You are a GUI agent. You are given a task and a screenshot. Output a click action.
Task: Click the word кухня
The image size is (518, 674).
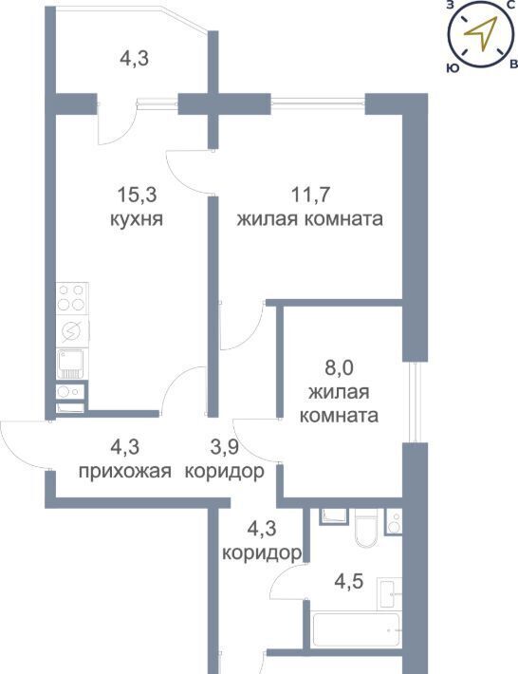click(x=137, y=219)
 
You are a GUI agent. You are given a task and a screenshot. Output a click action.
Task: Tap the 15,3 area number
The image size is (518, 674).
click(x=137, y=196)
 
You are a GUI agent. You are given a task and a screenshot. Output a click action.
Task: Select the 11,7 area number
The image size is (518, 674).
click(x=310, y=196)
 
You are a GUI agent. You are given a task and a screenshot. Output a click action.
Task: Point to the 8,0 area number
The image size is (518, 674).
click(x=339, y=368)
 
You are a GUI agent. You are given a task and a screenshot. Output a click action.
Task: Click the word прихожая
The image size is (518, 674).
click(x=125, y=473)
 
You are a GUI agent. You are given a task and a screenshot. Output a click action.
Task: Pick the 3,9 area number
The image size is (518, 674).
click(x=224, y=447)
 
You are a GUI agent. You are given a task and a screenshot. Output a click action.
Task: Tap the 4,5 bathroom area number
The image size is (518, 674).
click(x=349, y=582)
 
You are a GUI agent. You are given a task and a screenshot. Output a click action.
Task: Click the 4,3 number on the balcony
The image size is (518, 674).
click(x=135, y=59)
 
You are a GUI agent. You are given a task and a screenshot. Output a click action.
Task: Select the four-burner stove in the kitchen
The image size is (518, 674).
click(x=72, y=298)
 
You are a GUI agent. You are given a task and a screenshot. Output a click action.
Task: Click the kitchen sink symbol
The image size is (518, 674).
click(x=70, y=364)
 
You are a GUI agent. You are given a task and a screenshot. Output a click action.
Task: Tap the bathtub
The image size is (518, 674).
click(x=358, y=629)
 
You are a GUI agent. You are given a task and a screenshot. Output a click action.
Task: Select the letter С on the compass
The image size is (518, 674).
click(x=510, y=5)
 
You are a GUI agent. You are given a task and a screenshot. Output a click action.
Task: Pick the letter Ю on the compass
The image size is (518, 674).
click(x=452, y=68)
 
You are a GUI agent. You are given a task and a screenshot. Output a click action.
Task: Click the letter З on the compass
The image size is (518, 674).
click(x=451, y=5)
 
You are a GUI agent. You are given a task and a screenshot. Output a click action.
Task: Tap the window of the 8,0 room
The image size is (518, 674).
click(x=414, y=402)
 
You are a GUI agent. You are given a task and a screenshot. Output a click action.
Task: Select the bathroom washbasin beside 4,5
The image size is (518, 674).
click(x=390, y=593)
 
